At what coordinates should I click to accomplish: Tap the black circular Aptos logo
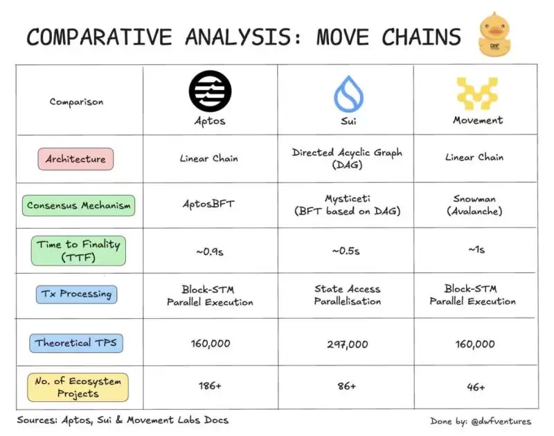210,91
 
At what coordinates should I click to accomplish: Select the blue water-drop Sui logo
346,94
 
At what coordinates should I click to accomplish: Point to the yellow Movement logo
476,94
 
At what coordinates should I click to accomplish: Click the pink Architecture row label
76,159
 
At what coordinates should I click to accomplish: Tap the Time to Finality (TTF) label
79,250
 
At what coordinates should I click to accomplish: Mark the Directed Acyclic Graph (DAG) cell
346,158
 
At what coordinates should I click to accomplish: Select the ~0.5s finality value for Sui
346,251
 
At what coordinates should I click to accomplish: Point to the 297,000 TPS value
346,343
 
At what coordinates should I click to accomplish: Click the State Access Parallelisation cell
346,295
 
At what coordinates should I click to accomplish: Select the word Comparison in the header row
77,102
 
